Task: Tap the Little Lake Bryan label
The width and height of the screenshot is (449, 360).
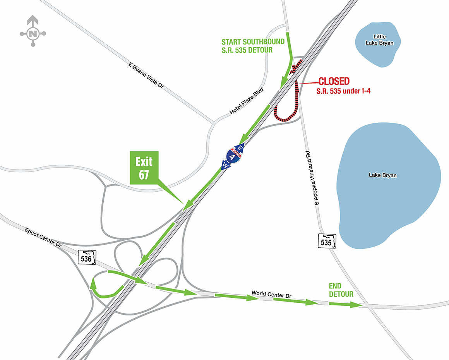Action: (379, 40)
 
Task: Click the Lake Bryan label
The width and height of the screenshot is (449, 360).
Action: (382, 175)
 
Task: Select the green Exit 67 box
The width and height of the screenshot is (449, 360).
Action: (144, 167)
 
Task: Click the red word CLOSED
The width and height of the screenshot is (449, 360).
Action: (334, 81)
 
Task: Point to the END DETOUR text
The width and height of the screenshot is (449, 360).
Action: (341, 290)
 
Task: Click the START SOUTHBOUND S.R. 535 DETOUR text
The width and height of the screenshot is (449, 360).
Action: (253, 46)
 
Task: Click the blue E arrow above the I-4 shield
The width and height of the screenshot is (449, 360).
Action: (240, 147)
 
